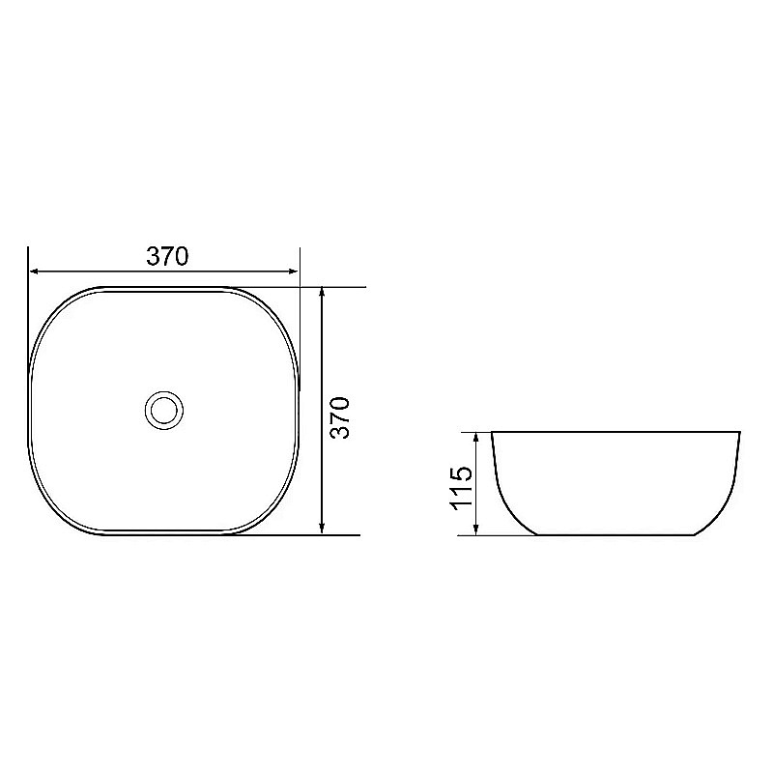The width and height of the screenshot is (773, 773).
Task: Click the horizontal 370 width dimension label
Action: click(x=167, y=256)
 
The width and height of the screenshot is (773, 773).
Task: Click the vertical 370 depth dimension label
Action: click(x=340, y=417)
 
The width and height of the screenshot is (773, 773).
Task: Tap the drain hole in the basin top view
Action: click(x=164, y=410)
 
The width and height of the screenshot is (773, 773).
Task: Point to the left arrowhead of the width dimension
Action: click(x=35, y=272)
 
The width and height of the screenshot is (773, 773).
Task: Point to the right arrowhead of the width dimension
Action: click(x=294, y=272)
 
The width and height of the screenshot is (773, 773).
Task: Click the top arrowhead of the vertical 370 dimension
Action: click(x=322, y=293)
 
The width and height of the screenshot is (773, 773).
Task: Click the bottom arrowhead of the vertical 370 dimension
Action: click(x=322, y=529)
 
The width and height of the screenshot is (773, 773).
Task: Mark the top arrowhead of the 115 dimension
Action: click(x=475, y=439)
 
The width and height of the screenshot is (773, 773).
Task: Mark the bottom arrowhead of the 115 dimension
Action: click(x=475, y=529)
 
